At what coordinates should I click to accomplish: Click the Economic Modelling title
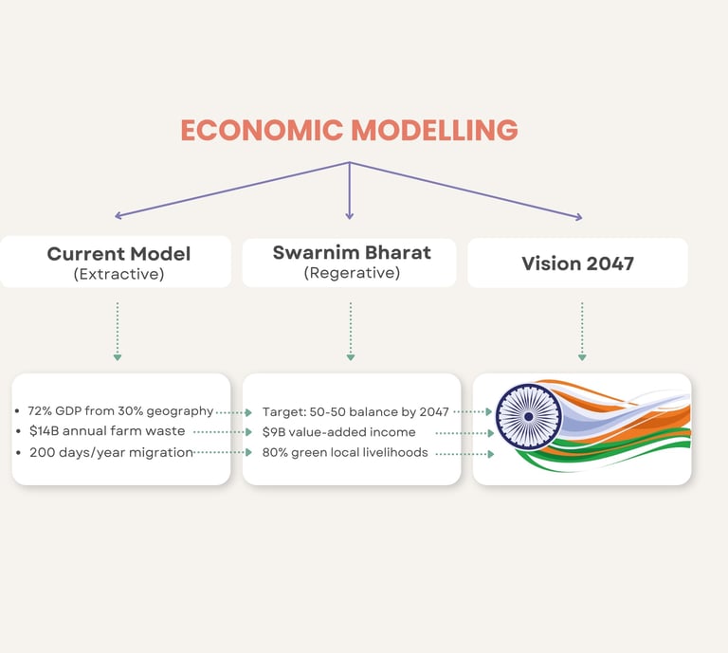pyautogui.click(x=349, y=130)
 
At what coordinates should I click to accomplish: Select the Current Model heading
pyautogui.click(x=118, y=254)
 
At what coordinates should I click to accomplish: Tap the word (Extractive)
pyautogui.click(x=118, y=274)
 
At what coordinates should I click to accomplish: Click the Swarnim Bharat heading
pyautogui.click(x=352, y=252)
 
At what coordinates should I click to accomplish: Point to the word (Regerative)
pyautogui.click(x=352, y=273)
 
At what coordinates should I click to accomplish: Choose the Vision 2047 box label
pyautogui.click(x=577, y=263)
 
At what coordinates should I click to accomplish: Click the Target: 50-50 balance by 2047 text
pyautogui.click(x=355, y=412)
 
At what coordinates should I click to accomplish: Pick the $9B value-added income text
pyautogui.click(x=339, y=432)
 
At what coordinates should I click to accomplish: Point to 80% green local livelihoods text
pyautogui.click(x=345, y=452)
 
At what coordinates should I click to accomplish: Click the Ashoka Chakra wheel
pyautogui.click(x=528, y=417)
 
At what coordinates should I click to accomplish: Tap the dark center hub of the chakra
pyautogui.click(x=528, y=417)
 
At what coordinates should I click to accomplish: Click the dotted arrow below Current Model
pyautogui.click(x=118, y=332)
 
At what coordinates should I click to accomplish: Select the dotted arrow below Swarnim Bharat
pyautogui.click(x=351, y=332)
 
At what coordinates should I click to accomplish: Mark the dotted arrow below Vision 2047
pyautogui.click(x=582, y=332)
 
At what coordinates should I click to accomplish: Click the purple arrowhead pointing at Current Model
pyautogui.click(x=118, y=215)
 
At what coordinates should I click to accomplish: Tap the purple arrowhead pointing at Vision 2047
pyautogui.click(x=579, y=216)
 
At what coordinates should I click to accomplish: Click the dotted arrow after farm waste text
pyautogui.click(x=223, y=432)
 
